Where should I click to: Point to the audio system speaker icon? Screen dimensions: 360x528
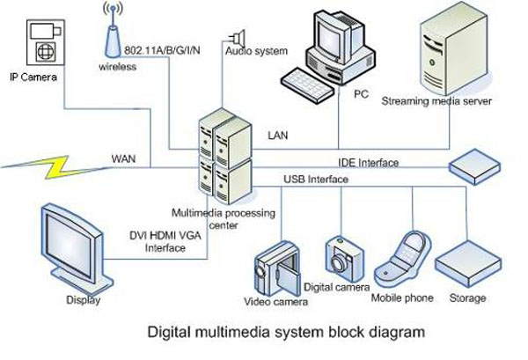(237, 37)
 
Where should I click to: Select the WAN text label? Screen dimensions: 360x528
(124, 159)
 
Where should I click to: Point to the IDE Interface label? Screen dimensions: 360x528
(369, 163)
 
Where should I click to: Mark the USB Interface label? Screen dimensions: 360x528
(315, 180)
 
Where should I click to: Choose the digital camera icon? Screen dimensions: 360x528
(342, 256)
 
